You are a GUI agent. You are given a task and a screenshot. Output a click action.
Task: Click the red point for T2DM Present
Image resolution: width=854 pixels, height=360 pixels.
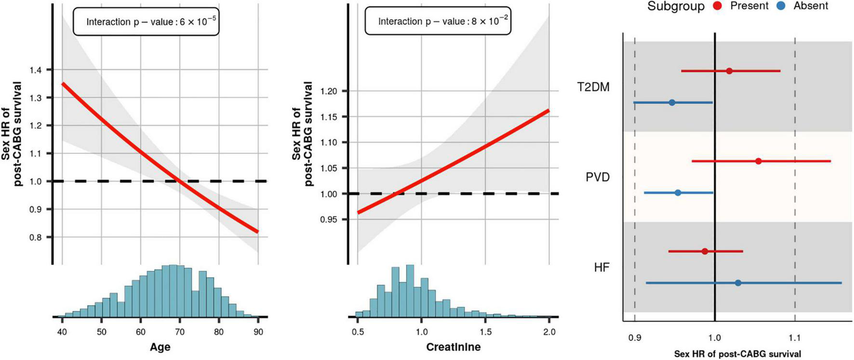pyautogui.click(x=729, y=71)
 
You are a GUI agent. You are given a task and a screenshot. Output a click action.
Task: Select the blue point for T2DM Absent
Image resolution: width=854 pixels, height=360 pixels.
pyautogui.click(x=672, y=103)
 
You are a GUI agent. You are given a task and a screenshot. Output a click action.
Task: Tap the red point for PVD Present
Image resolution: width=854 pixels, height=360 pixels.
pyautogui.click(x=759, y=161)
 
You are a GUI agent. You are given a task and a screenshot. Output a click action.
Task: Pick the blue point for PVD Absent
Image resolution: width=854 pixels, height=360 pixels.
pyautogui.click(x=678, y=193)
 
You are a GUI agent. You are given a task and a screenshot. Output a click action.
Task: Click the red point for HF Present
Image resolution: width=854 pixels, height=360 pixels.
pyautogui.click(x=705, y=251)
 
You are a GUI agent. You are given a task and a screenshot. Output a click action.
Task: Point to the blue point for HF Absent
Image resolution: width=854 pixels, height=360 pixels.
pyautogui.click(x=738, y=283)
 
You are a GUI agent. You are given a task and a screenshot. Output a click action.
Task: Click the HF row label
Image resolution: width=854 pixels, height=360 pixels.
pyautogui.click(x=601, y=267)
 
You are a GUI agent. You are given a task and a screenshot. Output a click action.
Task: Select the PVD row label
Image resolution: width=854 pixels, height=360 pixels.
pyautogui.click(x=598, y=177)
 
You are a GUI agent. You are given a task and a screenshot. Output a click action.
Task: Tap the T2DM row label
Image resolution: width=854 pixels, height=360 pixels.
pyautogui.click(x=593, y=87)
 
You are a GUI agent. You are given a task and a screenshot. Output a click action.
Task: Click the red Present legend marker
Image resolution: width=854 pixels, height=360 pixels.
pyautogui.click(x=718, y=6)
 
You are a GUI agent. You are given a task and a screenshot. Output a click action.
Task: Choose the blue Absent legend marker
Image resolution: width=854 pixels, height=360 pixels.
pyautogui.click(x=782, y=6)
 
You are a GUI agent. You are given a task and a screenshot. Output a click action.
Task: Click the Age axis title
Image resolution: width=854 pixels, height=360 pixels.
pyautogui.click(x=160, y=347)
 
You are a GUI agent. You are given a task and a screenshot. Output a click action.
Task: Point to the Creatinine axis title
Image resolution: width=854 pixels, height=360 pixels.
pyautogui.click(x=453, y=347)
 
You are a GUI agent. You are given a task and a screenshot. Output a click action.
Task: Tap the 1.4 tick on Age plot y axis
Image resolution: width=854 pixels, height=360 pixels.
pyautogui.click(x=35, y=70)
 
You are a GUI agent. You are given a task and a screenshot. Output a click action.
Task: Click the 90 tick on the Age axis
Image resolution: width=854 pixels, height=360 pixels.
pyautogui.click(x=258, y=332)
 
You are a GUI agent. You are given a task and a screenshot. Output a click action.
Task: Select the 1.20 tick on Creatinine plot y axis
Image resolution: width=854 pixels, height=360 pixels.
pyautogui.click(x=329, y=91)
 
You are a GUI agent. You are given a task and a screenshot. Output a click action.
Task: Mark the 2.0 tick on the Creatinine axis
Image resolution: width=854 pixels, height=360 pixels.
pyautogui.click(x=549, y=332)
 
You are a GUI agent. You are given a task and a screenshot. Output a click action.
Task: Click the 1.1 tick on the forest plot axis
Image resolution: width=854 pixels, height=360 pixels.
pyautogui.click(x=795, y=338)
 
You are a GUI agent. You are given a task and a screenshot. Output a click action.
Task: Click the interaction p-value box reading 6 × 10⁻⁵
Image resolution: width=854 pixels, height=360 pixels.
pyautogui.click(x=146, y=22)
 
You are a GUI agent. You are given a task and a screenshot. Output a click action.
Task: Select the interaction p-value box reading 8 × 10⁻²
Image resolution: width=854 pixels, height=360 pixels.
pyautogui.click(x=438, y=21)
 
